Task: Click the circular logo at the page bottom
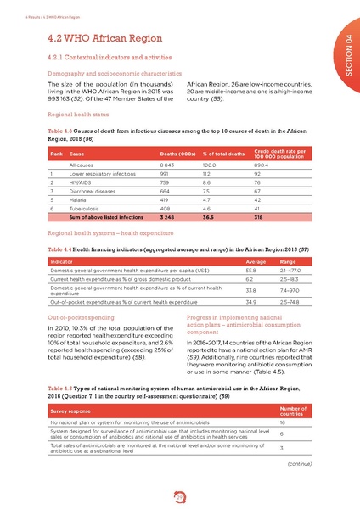coord(180,492)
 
